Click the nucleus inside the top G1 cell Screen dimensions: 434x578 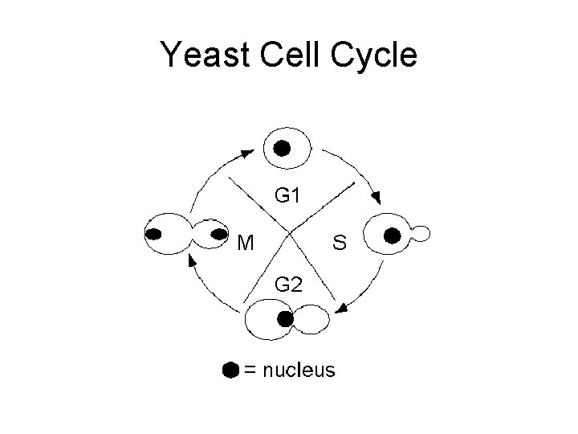pos(282,148)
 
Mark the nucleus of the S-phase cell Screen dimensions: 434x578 pos(392,235)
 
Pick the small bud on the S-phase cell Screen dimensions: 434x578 pos(421,234)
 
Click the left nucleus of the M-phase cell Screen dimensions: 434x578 pos(154,235)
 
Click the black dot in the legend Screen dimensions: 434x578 pos(230,370)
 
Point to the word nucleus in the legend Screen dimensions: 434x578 pos(300,370)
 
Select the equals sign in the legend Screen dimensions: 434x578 pos(251,371)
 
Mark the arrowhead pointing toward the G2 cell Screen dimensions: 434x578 pos(342,307)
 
